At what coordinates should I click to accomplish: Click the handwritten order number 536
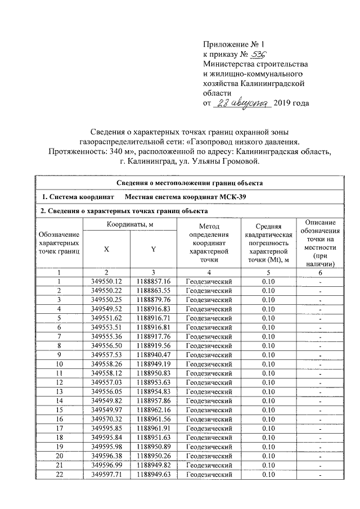point(258,55)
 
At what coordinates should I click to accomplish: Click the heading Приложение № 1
point(232,44)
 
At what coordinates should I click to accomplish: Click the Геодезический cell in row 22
point(209,475)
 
